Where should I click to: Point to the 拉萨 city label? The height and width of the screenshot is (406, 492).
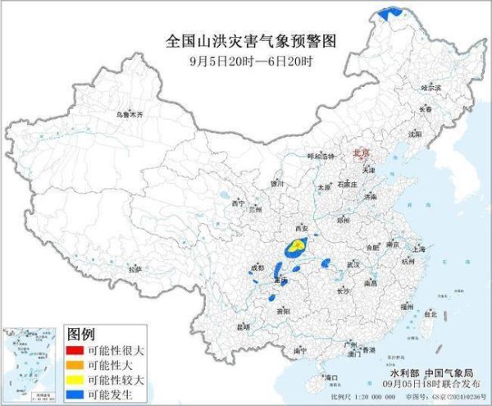[x=134, y=268]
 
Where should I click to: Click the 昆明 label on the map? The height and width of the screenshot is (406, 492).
[x=242, y=326]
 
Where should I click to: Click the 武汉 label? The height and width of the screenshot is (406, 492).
[x=353, y=264]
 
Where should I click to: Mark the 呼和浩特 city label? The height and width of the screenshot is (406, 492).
[x=321, y=156]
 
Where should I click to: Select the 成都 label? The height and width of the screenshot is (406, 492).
[x=257, y=267]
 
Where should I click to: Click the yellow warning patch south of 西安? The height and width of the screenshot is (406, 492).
[x=299, y=243]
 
